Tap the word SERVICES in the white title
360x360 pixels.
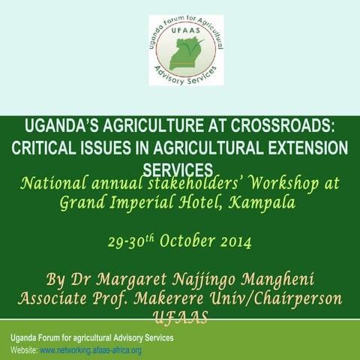point(179,168)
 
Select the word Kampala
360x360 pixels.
point(262,203)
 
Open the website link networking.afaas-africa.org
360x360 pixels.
point(91,350)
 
